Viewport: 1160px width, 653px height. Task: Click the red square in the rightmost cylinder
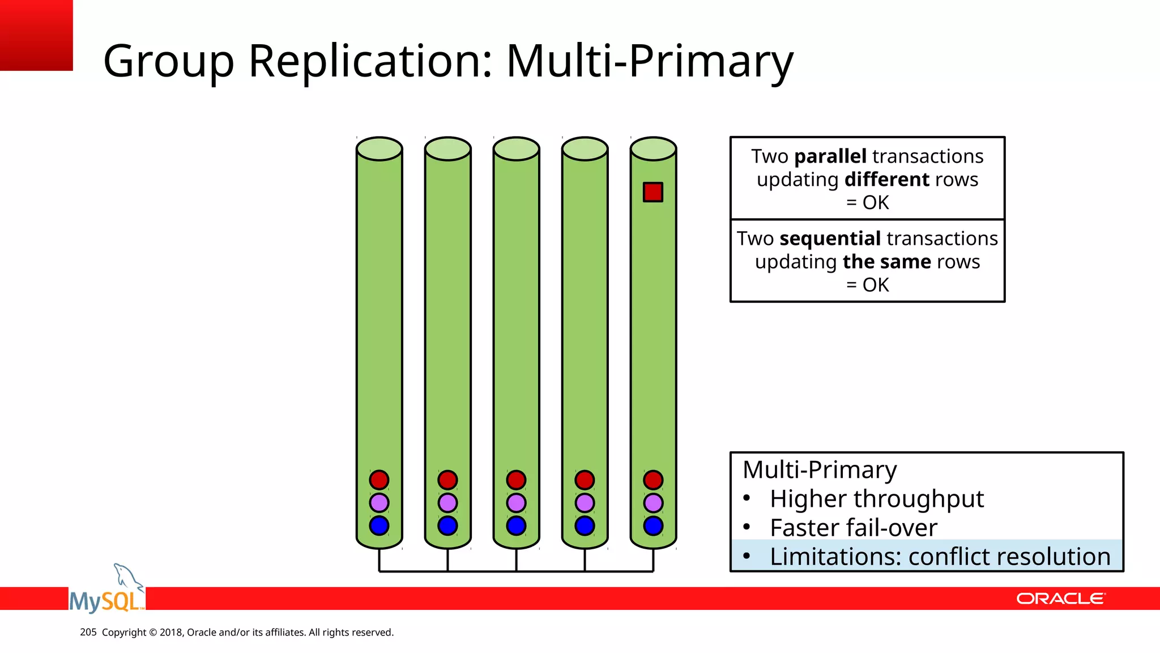pyautogui.click(x=653, y=192)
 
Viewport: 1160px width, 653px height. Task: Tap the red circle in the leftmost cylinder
pyautogui.click(x=379, y=480)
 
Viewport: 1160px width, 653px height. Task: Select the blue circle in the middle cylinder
pyautogui.click(x=516, y=525)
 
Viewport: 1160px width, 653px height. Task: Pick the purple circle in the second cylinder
pyautogui.click(x=447, y=503)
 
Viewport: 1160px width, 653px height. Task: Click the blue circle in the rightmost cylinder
pyautogui.click(x=653, y=525)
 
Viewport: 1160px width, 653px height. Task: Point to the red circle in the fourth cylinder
pyautogui.click(x=585, y=480)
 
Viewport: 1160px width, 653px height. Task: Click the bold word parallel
pyautogui.click(x=830, y=156)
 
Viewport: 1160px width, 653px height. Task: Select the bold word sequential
pyautogui.click(x=830, y=239)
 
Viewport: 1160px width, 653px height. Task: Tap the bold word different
pyautogui.click(x=886, y=180)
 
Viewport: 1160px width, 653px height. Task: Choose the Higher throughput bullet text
pyautogui.click(x=876, y=499)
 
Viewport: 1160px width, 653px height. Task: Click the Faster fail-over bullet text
pyautogui.click(x=853, y=528)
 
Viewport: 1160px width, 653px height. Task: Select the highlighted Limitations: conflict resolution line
pyautogui.click(x=940, y=557)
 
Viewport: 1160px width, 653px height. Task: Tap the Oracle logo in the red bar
pyautogui.click(x=1060, y=599)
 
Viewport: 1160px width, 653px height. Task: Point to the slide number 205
pyautogui.click(x=88, y=632)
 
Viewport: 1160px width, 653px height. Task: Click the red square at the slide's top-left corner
pyautogui.click(x=36, y=35)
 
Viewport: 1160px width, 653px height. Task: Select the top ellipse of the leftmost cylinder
pyautogui.click(x=379, y=149)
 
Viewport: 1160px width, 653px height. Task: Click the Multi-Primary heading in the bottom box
pyautogui.click(x=820, y=470)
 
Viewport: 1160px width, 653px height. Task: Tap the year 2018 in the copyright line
pyautogui.click(x=171, y=632)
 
